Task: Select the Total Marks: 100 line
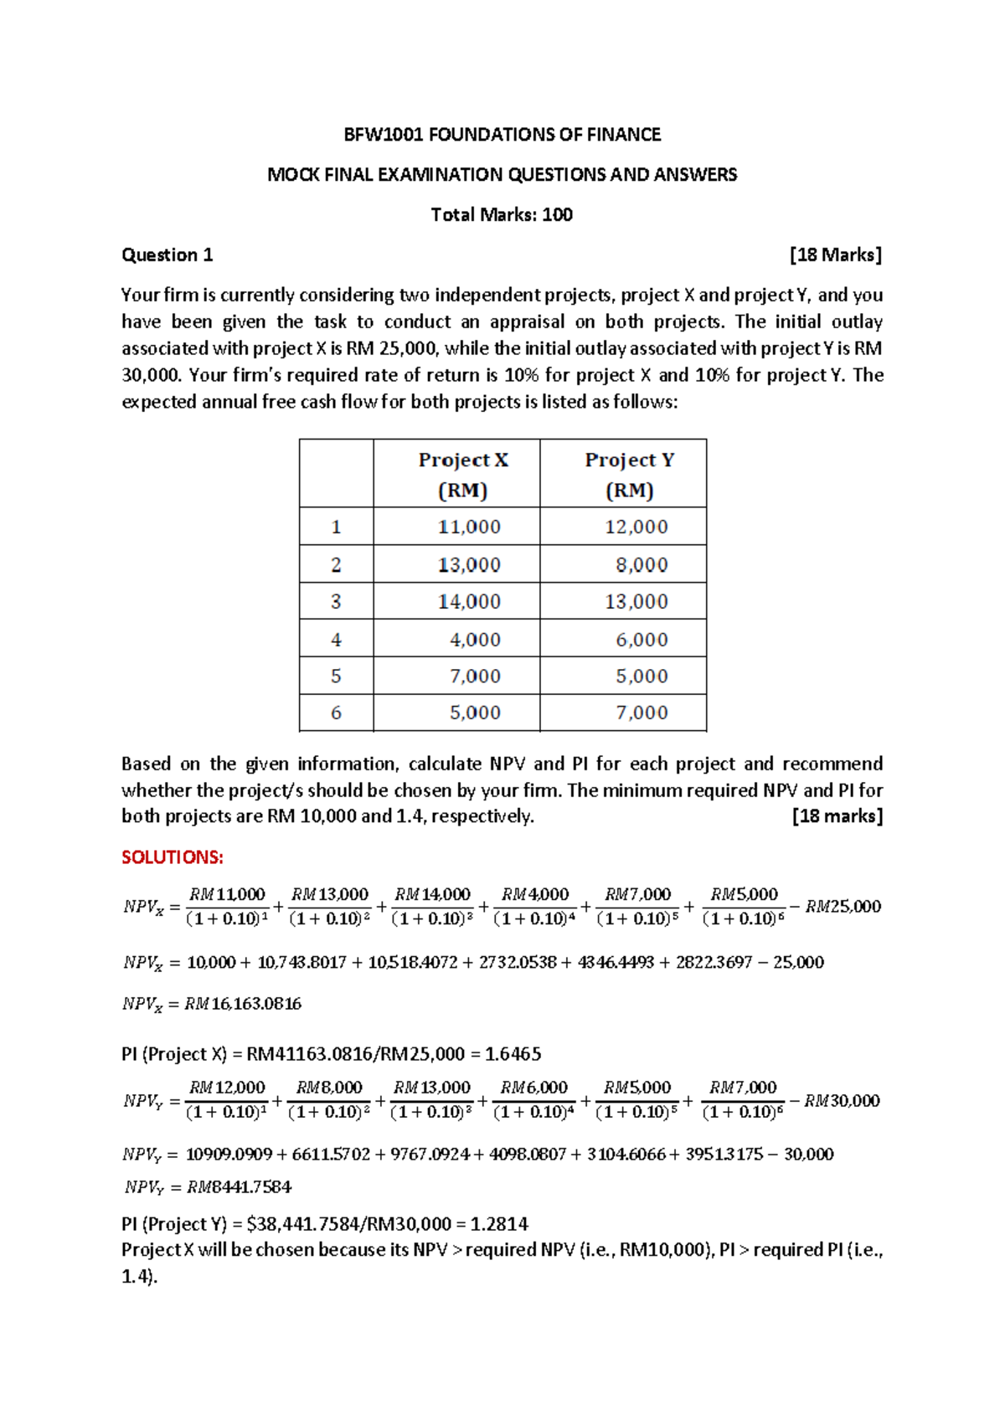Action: click(x=502, y=215)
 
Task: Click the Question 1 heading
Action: click(x=167, y=255)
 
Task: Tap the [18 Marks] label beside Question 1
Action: click(x=836, y=255)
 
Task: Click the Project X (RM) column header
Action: click(x=463, y=474)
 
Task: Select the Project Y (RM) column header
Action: click(x=629, y=474)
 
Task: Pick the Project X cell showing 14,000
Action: click(x=469, y=602)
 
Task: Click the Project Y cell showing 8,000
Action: click(x=642, y=565)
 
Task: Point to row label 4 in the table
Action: click(x=336, y=640)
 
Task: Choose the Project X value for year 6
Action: click(x=475, y=713)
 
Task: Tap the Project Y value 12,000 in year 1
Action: click(x=636, y=527)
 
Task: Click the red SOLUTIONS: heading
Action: click(x=173, y=857)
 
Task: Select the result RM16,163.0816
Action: click(x=243, y=1004)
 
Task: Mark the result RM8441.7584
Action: click(x=239, y=1187)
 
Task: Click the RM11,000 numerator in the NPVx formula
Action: click(x=227, y=895)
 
